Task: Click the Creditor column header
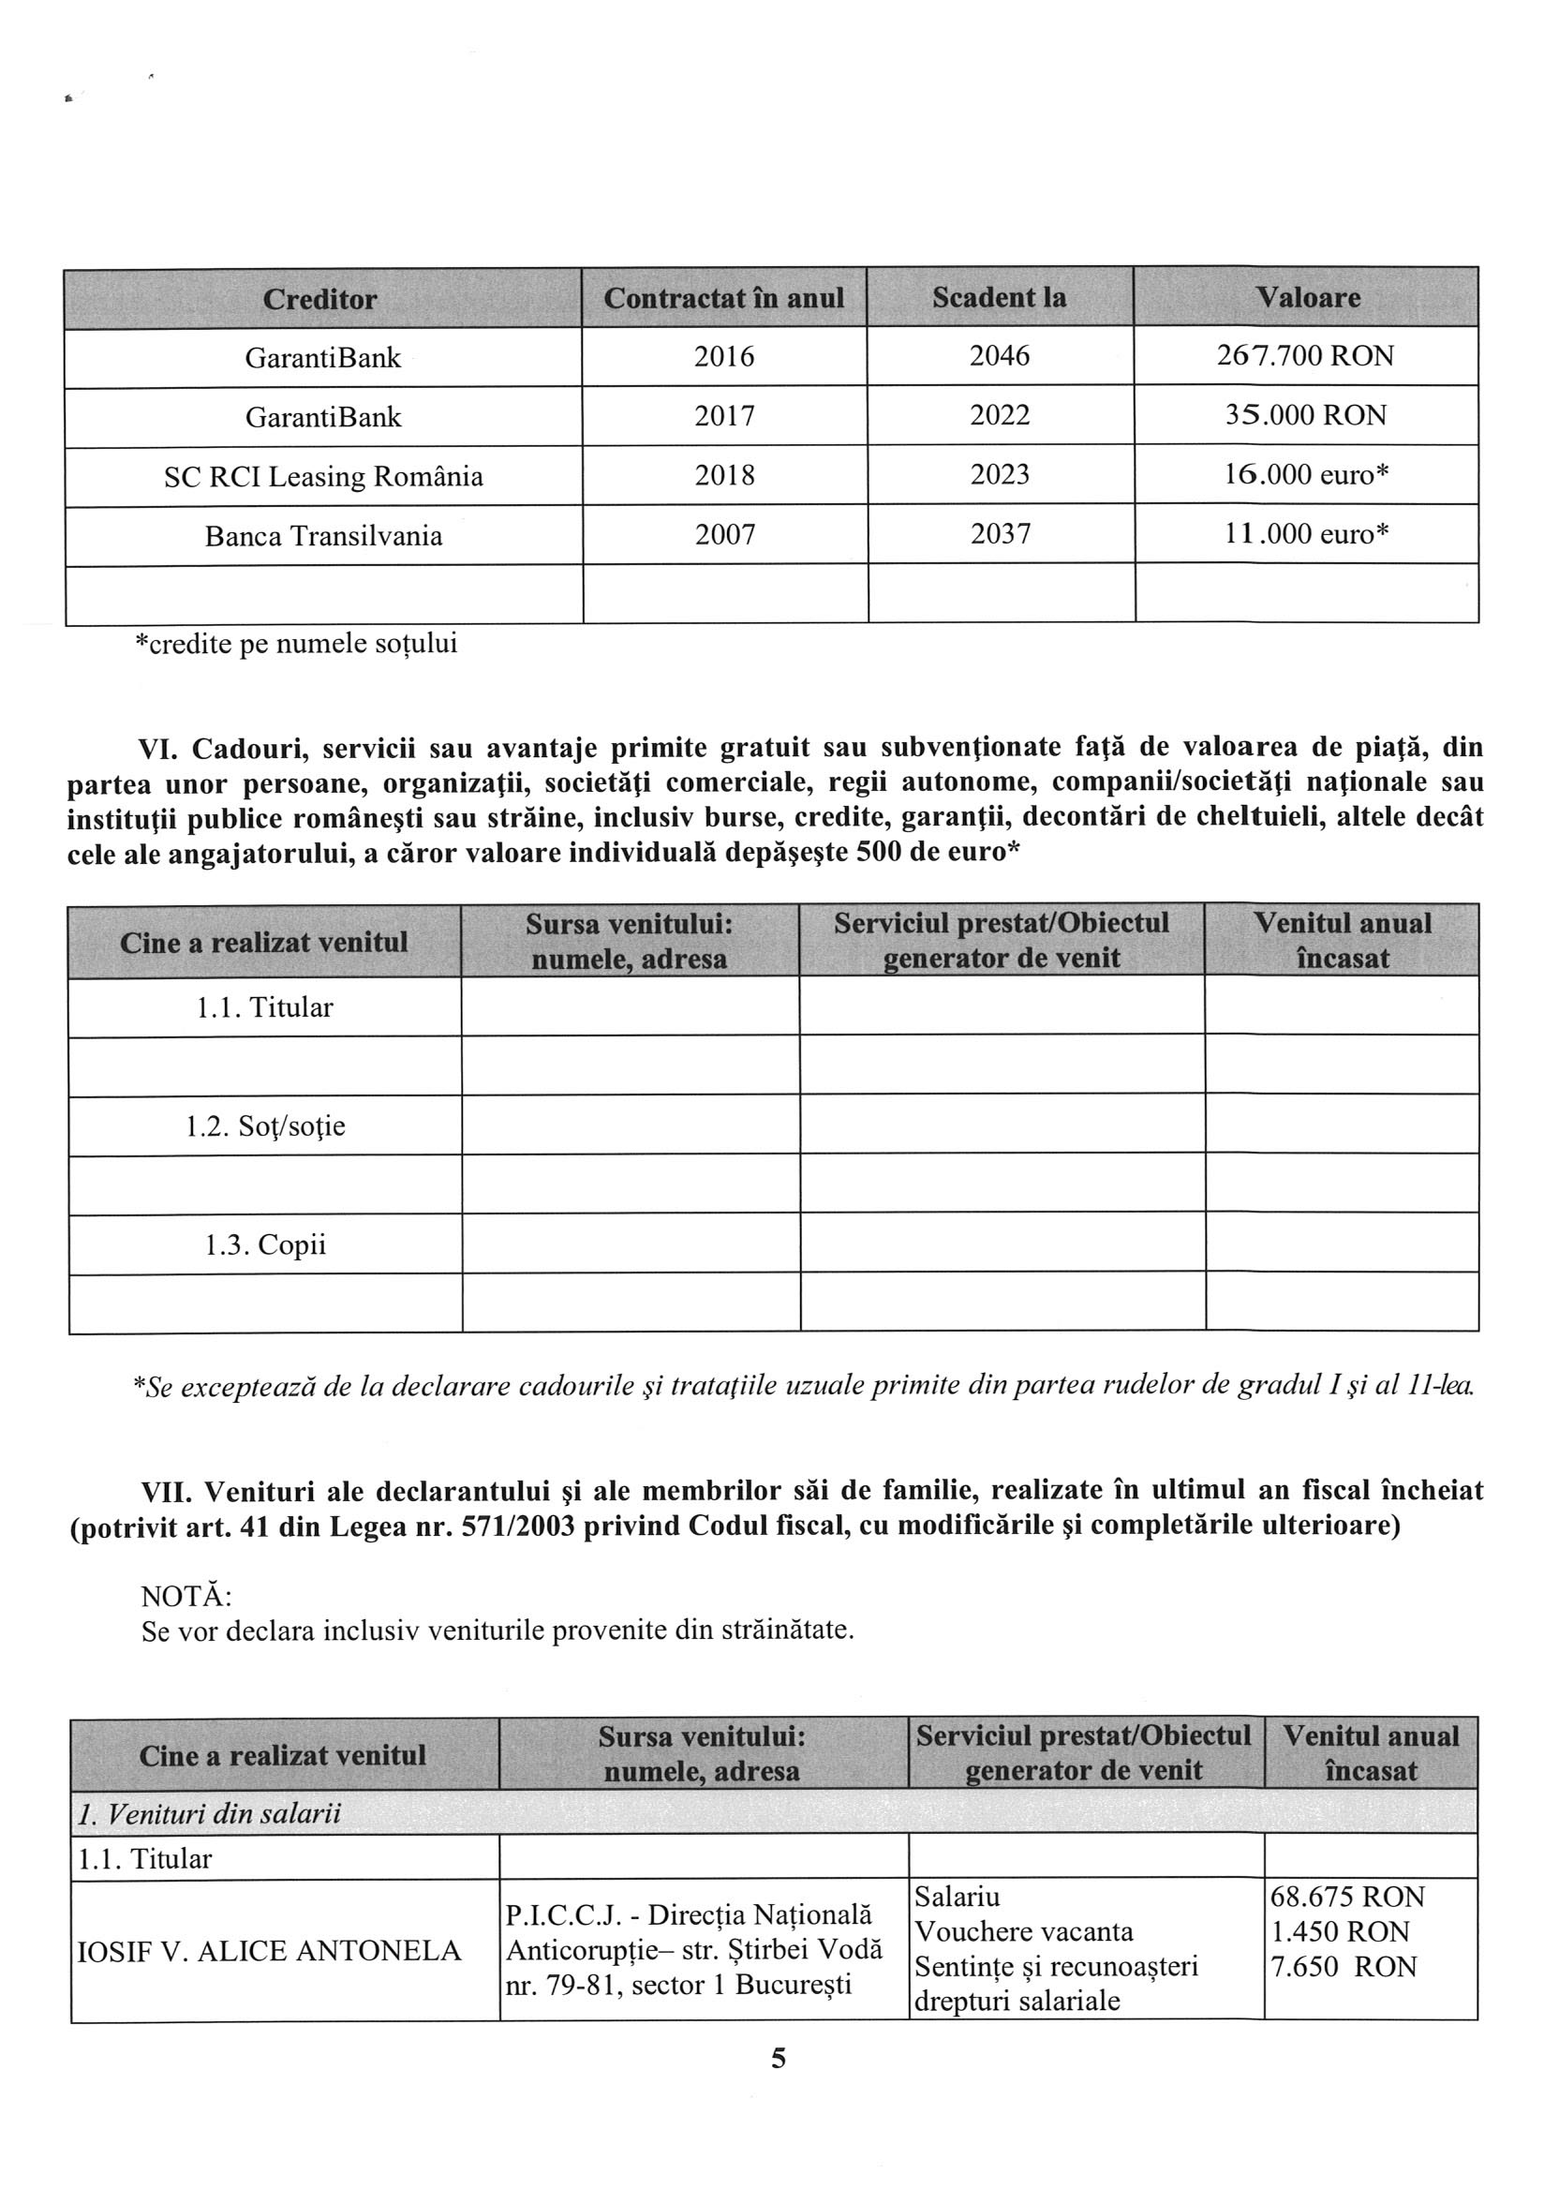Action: (x=319, y=300)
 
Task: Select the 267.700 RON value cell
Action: (x=1304, y=356)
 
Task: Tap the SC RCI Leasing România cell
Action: (x=323, y=476)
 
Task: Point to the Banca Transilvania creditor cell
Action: (x=323, y=536)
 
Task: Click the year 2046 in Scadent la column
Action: (x=1000, y=356)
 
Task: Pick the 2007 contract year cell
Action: (x=725, y=535)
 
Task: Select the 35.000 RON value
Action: (x=1304, y=416)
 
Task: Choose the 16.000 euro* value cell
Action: (x=1305, y=475)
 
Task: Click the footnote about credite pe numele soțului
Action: (x=296, y=643)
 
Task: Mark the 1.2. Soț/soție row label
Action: (x=265, y=1126)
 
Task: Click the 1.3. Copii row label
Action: (x=265, y=1245)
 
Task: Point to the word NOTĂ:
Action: (x=186, y=1597)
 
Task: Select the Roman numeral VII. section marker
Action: (x=167, y=1491)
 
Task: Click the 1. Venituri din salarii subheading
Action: (x=209, y=1813)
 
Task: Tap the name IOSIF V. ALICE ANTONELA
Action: (x=269, y=1951)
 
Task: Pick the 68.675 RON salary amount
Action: (x=1347, y=1898)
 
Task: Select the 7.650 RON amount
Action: (x=1343, y=1966)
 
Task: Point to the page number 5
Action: (x=779, y=2058)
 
